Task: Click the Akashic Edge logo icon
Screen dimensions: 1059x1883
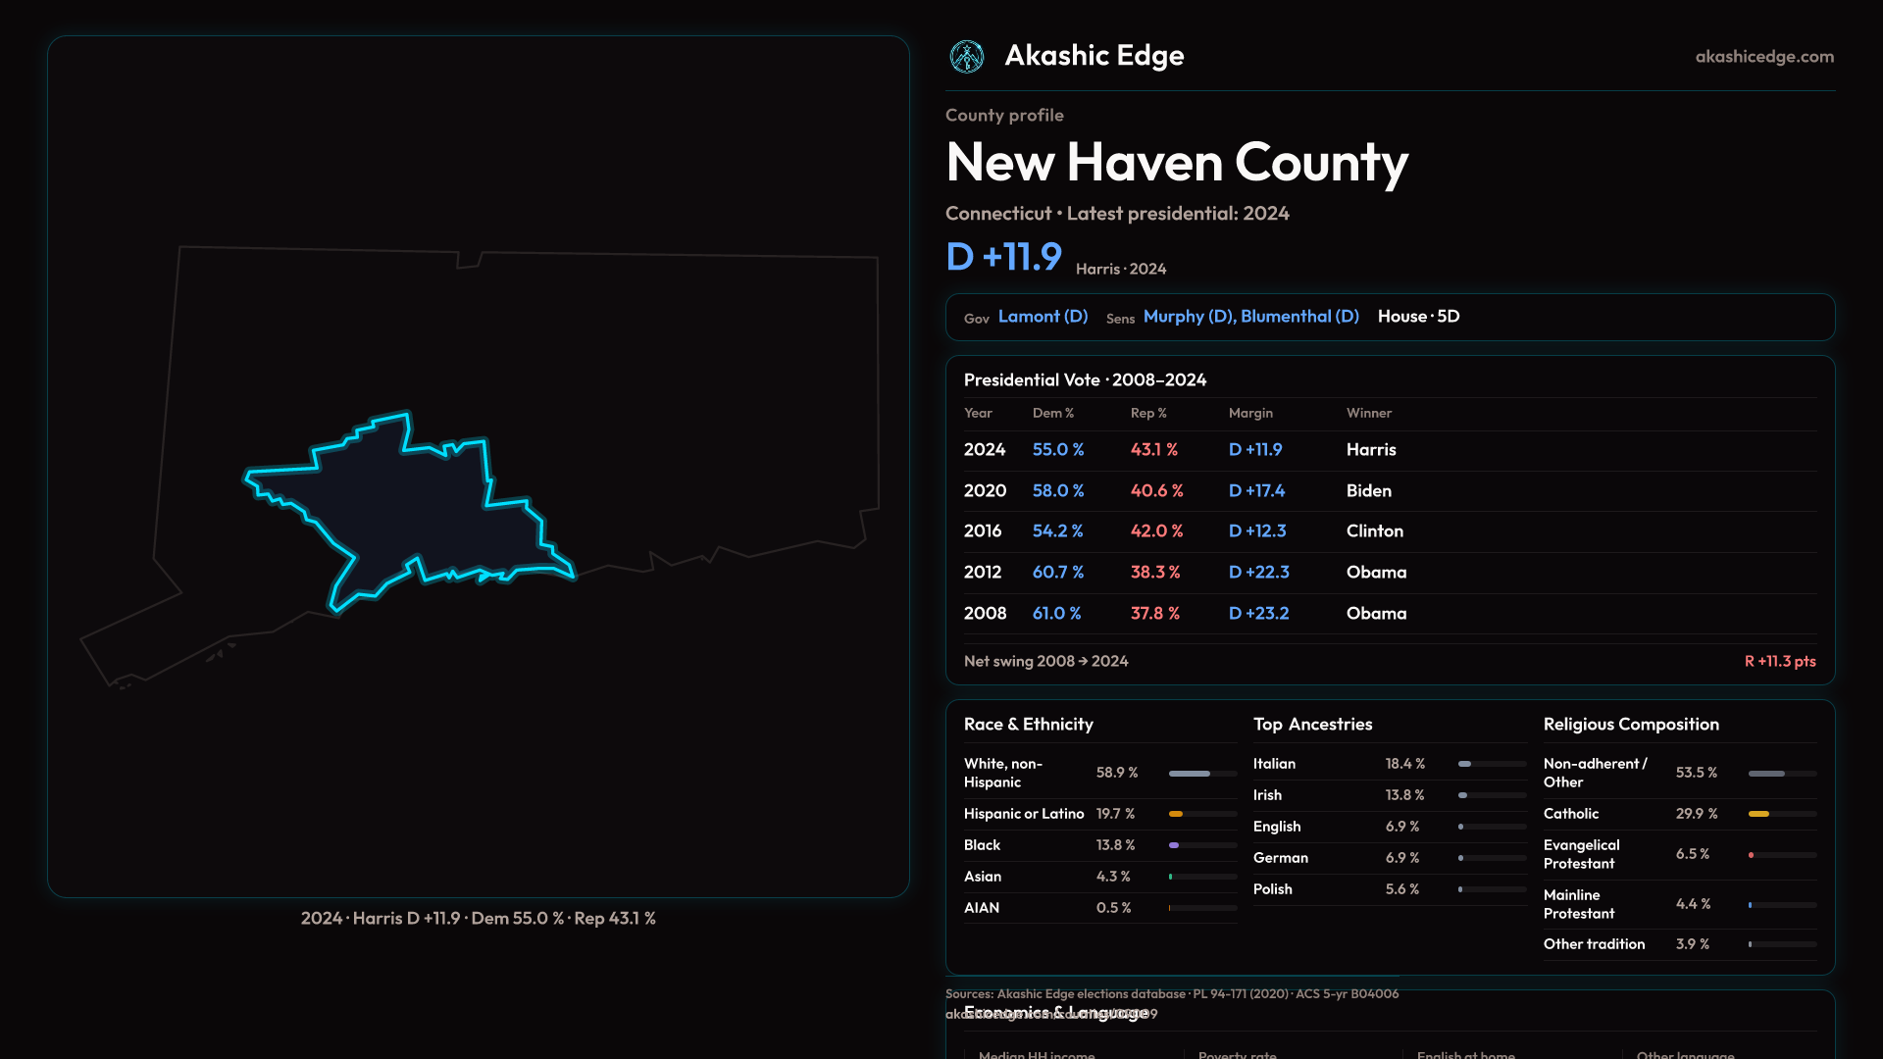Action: [967, 57]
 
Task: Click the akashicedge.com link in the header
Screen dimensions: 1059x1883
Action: [1764, 57]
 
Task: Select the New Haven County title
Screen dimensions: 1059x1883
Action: [1177, 162]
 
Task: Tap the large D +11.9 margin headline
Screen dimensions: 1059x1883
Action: [1003, 257]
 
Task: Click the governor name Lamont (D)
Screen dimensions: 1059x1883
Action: [1043, 317]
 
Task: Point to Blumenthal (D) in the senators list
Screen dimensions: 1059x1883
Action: [1299, 317]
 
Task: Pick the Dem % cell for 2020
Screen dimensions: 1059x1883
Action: [1057, 490]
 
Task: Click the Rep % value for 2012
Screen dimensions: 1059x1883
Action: [1154, 572]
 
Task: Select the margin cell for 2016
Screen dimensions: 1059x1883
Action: [1257, 530]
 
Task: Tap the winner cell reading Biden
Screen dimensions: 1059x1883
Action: [1368, 490]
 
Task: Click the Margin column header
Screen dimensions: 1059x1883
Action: [1250, 413]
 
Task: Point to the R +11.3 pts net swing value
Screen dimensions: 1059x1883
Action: [1779, 661]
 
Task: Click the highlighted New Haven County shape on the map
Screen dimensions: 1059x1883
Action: [412, 510]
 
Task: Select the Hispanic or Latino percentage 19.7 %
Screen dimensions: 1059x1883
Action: [1115, 814]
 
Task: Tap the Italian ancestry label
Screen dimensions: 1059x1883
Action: [1274, 764]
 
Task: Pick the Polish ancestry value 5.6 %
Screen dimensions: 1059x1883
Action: [1401, 889]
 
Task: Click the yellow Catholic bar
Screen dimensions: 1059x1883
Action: [1759, 814]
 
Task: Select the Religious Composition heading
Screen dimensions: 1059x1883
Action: [1631, 724]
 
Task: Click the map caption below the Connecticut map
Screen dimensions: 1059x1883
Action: [478, 918]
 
